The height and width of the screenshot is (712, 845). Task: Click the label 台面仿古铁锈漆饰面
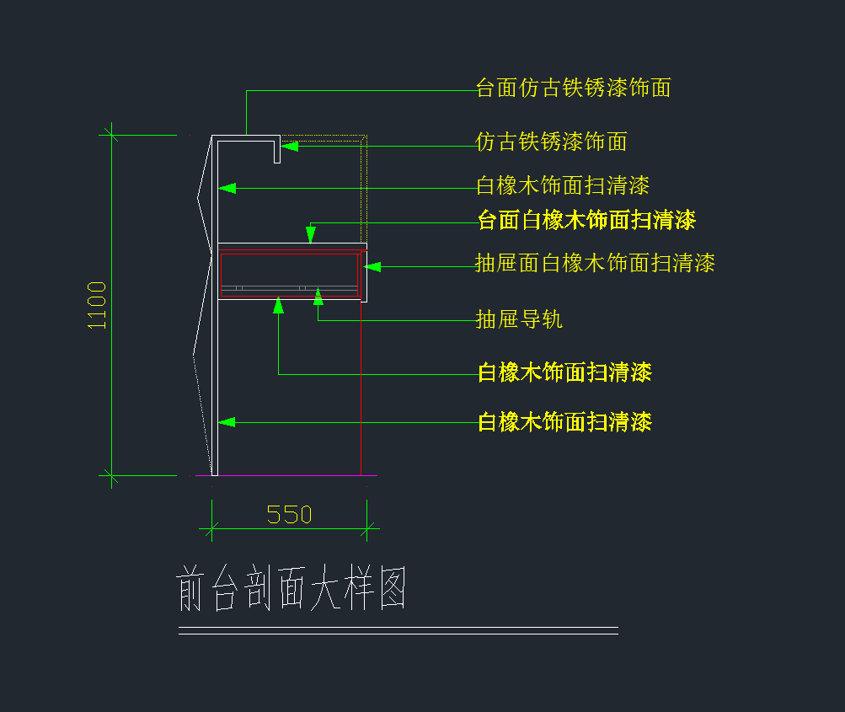(573, 88)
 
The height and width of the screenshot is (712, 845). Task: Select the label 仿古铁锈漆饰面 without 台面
(551, 142)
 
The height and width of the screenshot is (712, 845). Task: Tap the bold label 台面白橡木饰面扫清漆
(586, 221)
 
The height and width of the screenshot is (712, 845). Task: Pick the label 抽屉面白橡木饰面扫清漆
(595, 263)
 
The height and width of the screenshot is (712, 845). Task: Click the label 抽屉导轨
(519, 319)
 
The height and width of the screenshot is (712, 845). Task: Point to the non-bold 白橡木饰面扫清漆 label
(563, 185)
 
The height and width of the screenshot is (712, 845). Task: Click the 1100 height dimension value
(98, 305)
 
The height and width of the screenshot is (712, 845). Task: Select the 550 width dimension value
(289, 514)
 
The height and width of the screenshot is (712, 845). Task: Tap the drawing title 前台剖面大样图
(292, 589)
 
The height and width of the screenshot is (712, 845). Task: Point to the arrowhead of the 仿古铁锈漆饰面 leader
(288, 146)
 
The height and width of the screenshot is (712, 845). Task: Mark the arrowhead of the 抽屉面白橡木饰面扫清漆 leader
(372, 266)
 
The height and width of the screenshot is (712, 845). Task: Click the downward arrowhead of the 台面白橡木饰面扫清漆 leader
(311, 237)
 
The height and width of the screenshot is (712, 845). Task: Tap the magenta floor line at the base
(286, 476)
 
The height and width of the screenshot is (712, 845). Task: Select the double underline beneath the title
(398, 630)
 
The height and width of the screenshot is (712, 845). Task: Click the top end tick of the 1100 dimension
(110, 134)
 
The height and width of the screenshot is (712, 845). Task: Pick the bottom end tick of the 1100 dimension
(110, 475)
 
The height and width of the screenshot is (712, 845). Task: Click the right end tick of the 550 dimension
(367, 529)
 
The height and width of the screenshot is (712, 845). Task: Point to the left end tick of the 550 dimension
(211, 529)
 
